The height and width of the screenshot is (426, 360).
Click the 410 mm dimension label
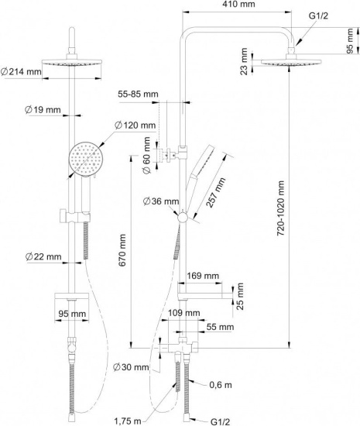pos(238,4)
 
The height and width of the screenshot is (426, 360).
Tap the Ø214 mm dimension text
pos(21,72)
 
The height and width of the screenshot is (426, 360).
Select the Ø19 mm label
pos(43,110)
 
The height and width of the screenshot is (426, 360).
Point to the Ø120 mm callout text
pos(135,125)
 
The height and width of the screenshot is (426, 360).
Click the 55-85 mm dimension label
pos(138,94)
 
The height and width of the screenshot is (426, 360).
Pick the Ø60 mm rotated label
pos(146,155)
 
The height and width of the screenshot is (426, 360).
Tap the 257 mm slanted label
pos(216,193)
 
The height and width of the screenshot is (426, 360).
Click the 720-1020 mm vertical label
pos(280,208)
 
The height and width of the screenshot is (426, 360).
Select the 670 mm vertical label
pos(122,250)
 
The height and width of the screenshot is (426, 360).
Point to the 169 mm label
pos(203,276)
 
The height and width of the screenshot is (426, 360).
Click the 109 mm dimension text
pos(183,313)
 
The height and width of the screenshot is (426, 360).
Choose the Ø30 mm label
pos(131,367)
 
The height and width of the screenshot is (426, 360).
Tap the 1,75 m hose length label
pos(128,421)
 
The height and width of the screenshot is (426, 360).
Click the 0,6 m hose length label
pos(221,385)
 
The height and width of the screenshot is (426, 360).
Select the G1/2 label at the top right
pos(318,16)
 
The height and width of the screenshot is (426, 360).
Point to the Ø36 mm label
pos(161,201)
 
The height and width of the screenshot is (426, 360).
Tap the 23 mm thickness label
pos(244,61)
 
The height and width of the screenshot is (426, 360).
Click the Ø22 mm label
pos(43,256)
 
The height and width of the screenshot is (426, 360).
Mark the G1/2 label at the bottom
pos(220,421)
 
